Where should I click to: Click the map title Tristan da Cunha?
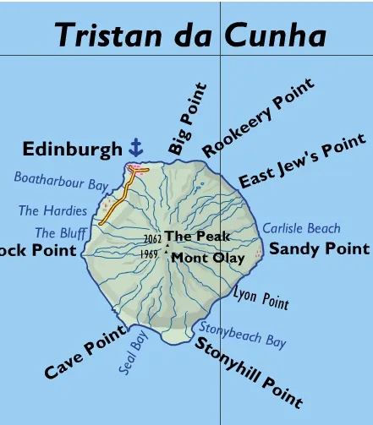[190, 35]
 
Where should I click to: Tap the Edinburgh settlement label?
[72, 150]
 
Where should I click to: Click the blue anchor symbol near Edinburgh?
[135, 147]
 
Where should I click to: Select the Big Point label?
[187, 118]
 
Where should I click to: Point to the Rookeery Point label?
[258, 118]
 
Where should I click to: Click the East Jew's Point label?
[302, 161]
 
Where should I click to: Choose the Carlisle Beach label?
[301, 227]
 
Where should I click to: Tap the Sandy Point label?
[319, 248]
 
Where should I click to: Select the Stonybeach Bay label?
[242, 335]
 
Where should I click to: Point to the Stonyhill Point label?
[248, 372]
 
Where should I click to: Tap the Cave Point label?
[85, 351]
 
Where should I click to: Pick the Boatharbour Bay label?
[61, 181]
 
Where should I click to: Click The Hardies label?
[52, 210]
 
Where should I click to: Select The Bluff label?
[60, 232]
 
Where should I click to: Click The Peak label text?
[197, 237]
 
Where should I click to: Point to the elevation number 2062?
[152, 239]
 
